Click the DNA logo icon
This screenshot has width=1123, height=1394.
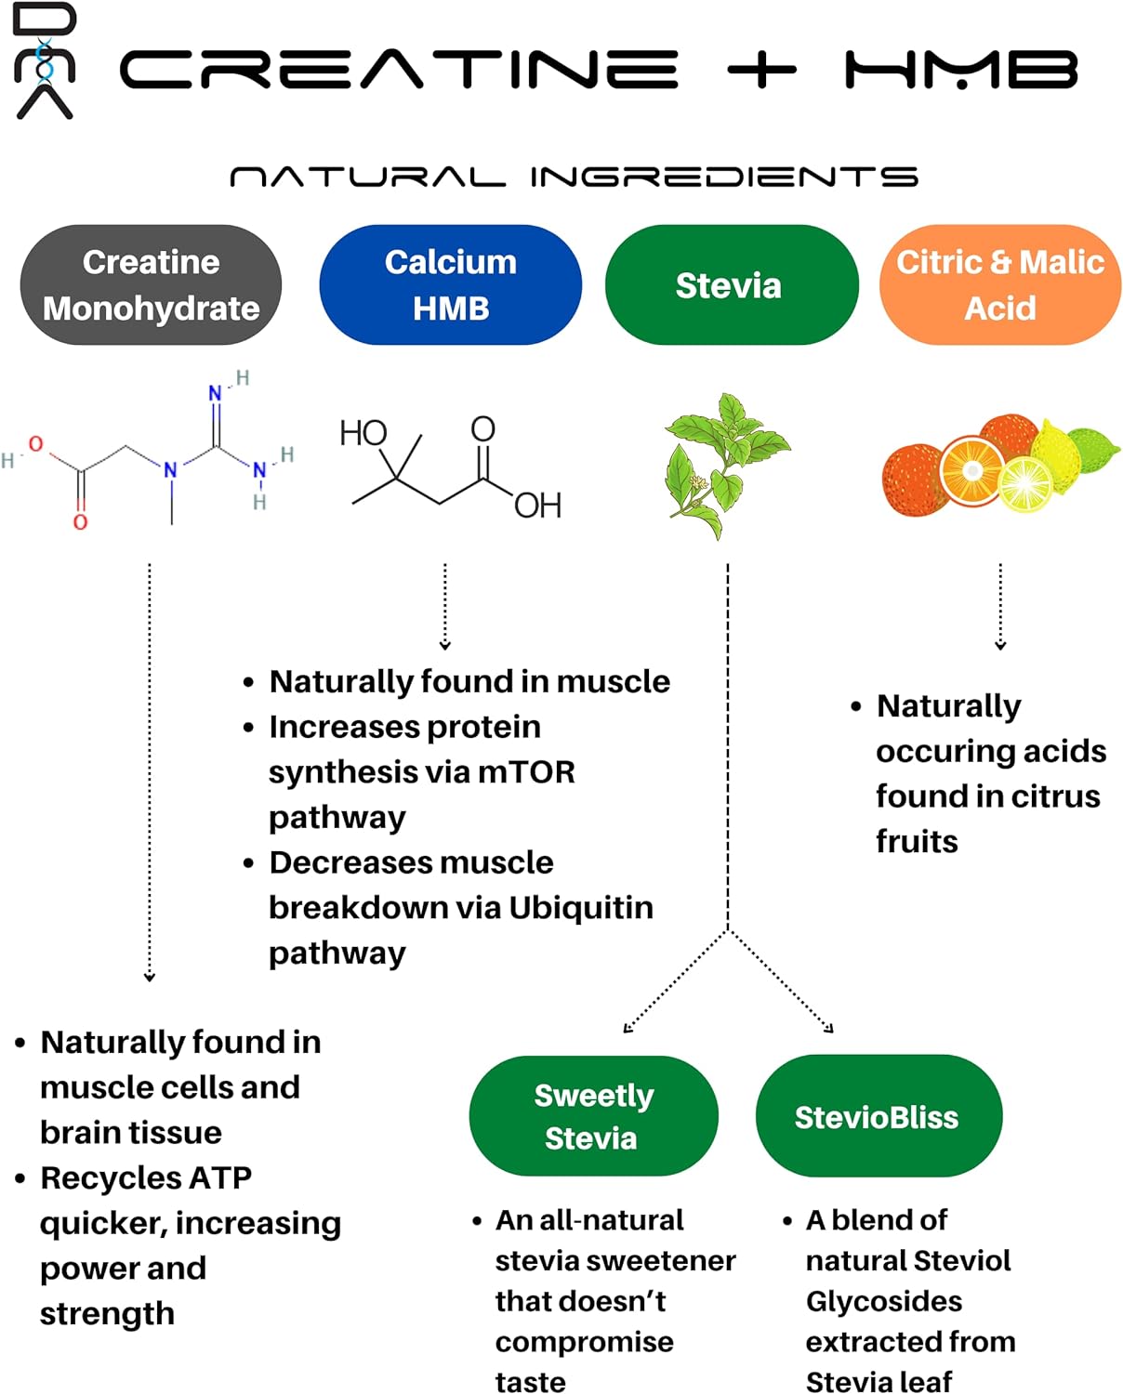(44, 61)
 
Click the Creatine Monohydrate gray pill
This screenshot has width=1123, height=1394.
(151, 284)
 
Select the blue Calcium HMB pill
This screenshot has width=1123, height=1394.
(450, 284)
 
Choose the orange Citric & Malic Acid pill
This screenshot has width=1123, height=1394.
(999, 284)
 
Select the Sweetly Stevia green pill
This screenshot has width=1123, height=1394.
(593, 1116)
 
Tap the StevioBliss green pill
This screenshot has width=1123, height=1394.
(878, 1116)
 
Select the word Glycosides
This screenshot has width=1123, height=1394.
(883, 1301)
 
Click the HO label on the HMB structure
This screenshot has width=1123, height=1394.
(363, 433)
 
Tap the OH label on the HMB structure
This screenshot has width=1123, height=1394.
(537, 506)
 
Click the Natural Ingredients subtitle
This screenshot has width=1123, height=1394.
(574, 177)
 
